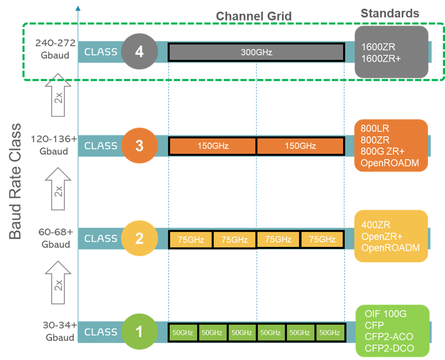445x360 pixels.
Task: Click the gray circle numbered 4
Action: click(x=140, y=52)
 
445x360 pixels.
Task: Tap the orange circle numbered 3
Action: click(x=140, y=146)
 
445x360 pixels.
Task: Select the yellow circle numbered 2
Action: click(x=140, y=239)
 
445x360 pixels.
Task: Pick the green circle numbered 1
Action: click(x=140, y=331)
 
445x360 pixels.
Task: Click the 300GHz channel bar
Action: click(x=256, y=52)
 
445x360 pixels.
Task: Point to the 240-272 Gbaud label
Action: click(x=55, y=49)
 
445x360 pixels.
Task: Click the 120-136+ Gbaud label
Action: click(x=54, y=145)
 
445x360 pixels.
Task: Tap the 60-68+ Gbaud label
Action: click(x=56, y=238)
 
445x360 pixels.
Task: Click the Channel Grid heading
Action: click(x=254, y=16)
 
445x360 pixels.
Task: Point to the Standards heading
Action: click(x=390, y=13)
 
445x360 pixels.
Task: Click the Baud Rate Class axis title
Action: click(x=15, y=182)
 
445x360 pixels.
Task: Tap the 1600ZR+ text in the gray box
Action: click(x=381, y=59)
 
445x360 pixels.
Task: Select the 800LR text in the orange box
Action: click(x=375, y=129)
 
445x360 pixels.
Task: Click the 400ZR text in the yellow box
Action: click(x=376, y=225)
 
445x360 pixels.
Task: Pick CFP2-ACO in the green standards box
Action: click(x=389, y=337)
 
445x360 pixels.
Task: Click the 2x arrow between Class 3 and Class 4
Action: click(x=58, y=95)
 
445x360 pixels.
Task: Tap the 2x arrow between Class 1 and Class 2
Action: click(x=58, y=282)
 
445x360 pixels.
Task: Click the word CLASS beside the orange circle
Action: click(x=101, y=146)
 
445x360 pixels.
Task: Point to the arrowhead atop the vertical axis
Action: click(x=78, y=8)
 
